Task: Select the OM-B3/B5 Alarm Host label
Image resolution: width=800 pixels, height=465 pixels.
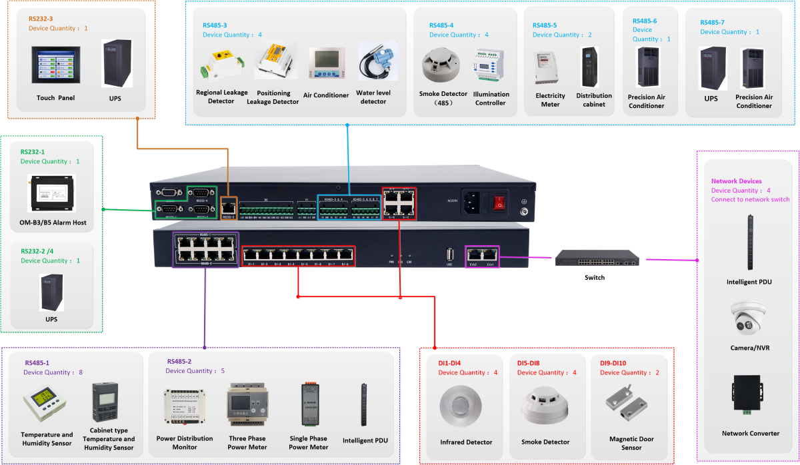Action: click(x=53, y=223)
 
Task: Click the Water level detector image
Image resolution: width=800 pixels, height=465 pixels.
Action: click(x=373, y=64)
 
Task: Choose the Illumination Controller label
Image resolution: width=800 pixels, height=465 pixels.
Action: click(x=491, y=99)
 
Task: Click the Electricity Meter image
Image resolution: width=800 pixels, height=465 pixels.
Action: click(x=550, y=67)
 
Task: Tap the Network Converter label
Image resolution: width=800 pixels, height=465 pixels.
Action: click(x=751, y=434)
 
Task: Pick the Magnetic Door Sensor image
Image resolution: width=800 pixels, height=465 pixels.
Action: click(x=631, y=404)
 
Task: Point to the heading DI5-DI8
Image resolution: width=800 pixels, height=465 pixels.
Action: click(x=528, y=363)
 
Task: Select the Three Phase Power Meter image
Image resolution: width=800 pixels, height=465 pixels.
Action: click(x=247, y=405)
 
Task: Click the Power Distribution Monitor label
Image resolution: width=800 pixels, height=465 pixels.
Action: click(x=185, y=443)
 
